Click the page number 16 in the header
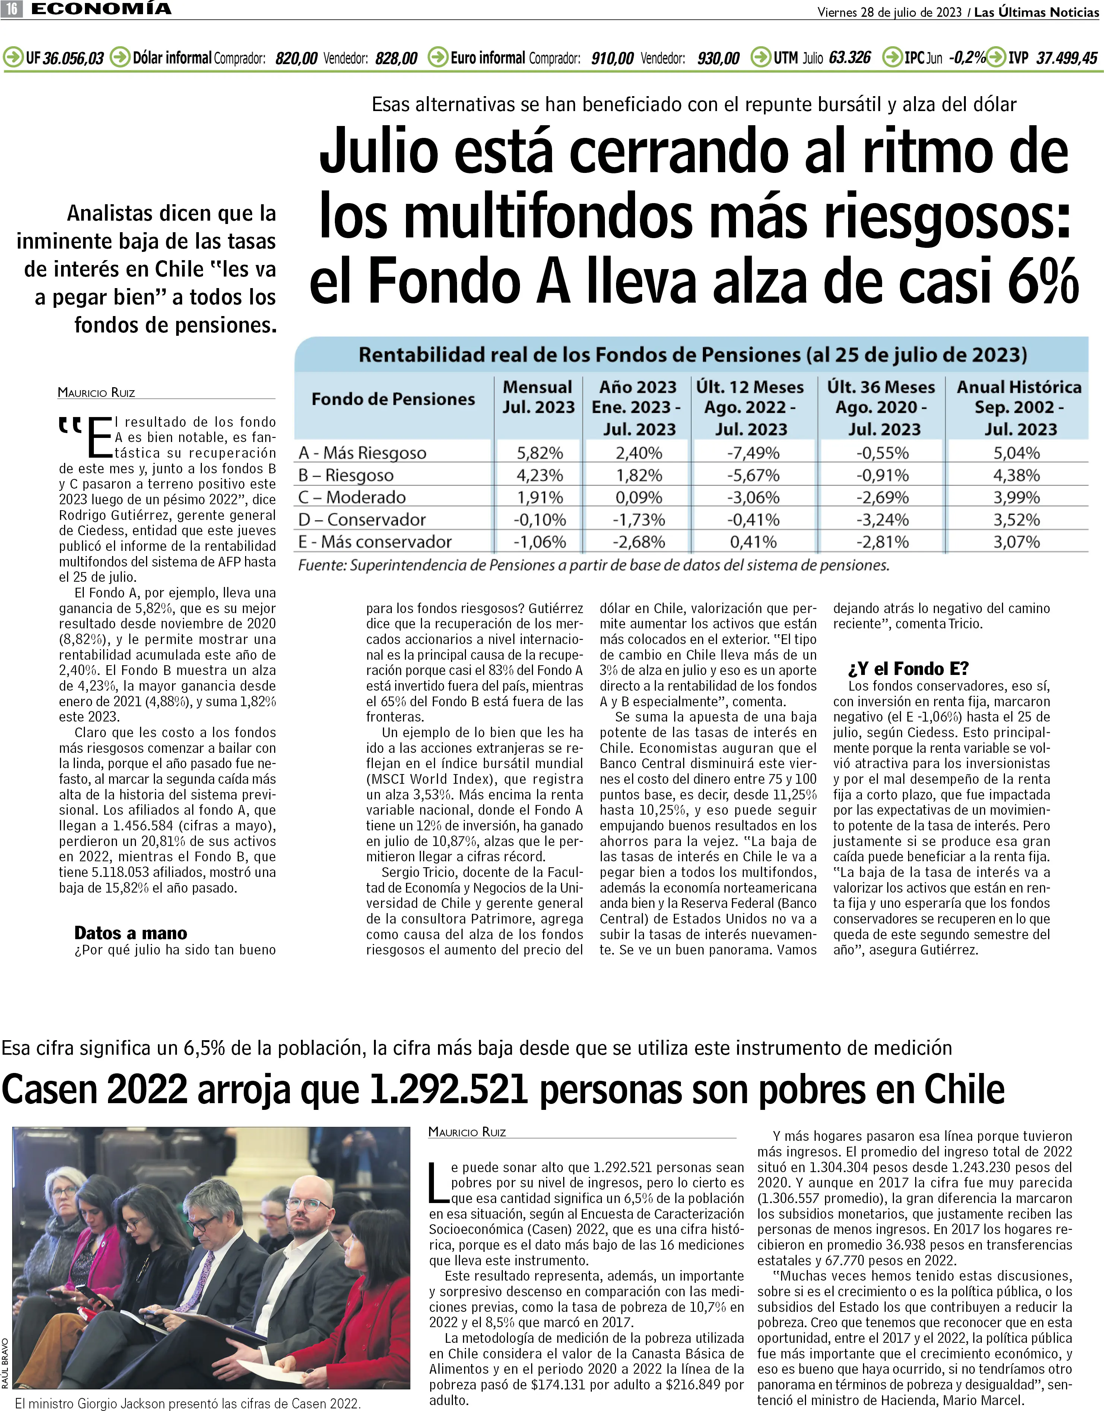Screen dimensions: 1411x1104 [12, 9]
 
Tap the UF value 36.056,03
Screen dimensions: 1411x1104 [73, 58]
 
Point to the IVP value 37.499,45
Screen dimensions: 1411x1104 [1066, 58]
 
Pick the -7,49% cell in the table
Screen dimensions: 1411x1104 [753, 453]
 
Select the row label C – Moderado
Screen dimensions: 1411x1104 [352, 497]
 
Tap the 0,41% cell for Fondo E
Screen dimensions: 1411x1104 [753, 542]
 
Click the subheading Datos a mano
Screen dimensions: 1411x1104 [131, 933]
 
